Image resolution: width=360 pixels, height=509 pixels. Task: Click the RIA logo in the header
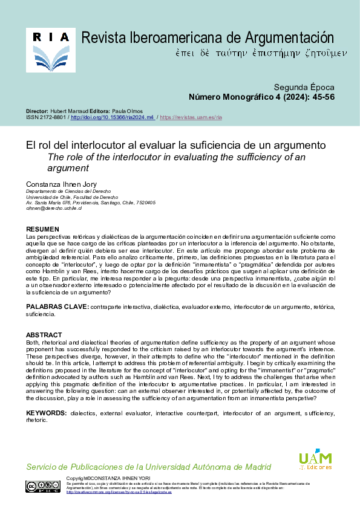point(51,50)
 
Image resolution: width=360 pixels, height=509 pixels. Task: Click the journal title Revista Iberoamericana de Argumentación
point(208,38)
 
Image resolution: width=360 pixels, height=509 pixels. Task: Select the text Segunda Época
point(304,87)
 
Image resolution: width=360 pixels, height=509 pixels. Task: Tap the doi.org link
point(113,117)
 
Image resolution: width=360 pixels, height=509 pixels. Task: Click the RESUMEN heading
point(42,230)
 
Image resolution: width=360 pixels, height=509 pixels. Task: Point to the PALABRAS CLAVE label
point(57,307)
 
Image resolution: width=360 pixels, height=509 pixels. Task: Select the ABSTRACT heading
point(44,335)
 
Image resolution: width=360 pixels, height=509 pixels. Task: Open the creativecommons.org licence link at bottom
point(118,492)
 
